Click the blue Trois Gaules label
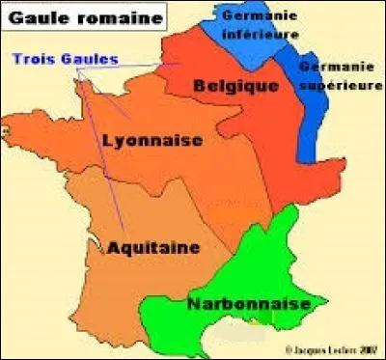[66, 59]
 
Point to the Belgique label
[231, 86]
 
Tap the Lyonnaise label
[152, 141]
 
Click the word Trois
[32, 59]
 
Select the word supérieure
[339, 85]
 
